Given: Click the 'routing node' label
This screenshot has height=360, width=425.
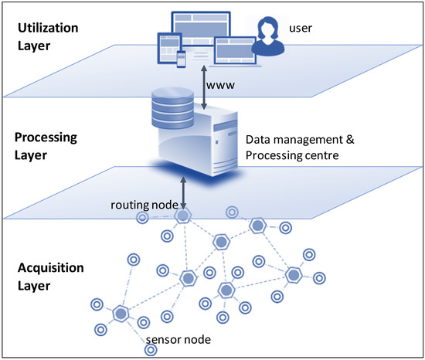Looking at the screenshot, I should click(147, 206).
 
